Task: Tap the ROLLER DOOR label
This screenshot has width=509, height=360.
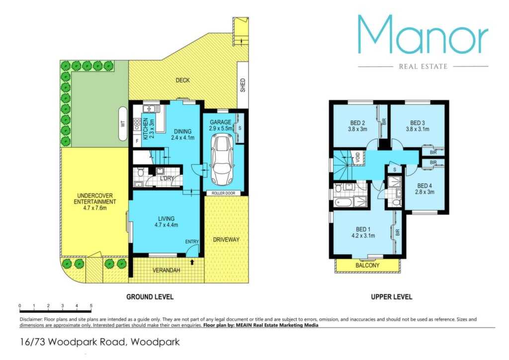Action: [x=223, y=193]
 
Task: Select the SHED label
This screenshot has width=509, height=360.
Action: [x=243, y=86]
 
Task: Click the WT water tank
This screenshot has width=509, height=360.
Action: [x=123, y=124]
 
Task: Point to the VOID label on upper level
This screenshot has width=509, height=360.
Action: [x=357, y=157]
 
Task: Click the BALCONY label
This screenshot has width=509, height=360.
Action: [x=367, y=265]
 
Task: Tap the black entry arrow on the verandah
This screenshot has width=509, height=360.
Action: [x=192, y=262]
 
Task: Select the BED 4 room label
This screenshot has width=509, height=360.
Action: [x=424, y=185]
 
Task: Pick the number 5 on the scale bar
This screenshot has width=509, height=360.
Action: [x=91, y=306]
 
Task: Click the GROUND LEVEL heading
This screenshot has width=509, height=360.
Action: [x=150, y=297]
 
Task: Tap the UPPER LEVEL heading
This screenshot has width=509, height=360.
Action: [x=392, y=297]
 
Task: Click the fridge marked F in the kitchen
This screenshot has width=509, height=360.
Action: [x=137, y=141]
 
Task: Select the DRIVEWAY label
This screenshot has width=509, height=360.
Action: [x=226, y=240]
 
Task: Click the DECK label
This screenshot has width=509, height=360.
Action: [x=182, y=80]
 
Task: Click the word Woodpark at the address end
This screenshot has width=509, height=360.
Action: [x=155, y=342]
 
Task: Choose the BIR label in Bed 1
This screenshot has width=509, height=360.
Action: [x=398, y=232]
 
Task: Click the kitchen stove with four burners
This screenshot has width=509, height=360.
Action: [x=137, y=125]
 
